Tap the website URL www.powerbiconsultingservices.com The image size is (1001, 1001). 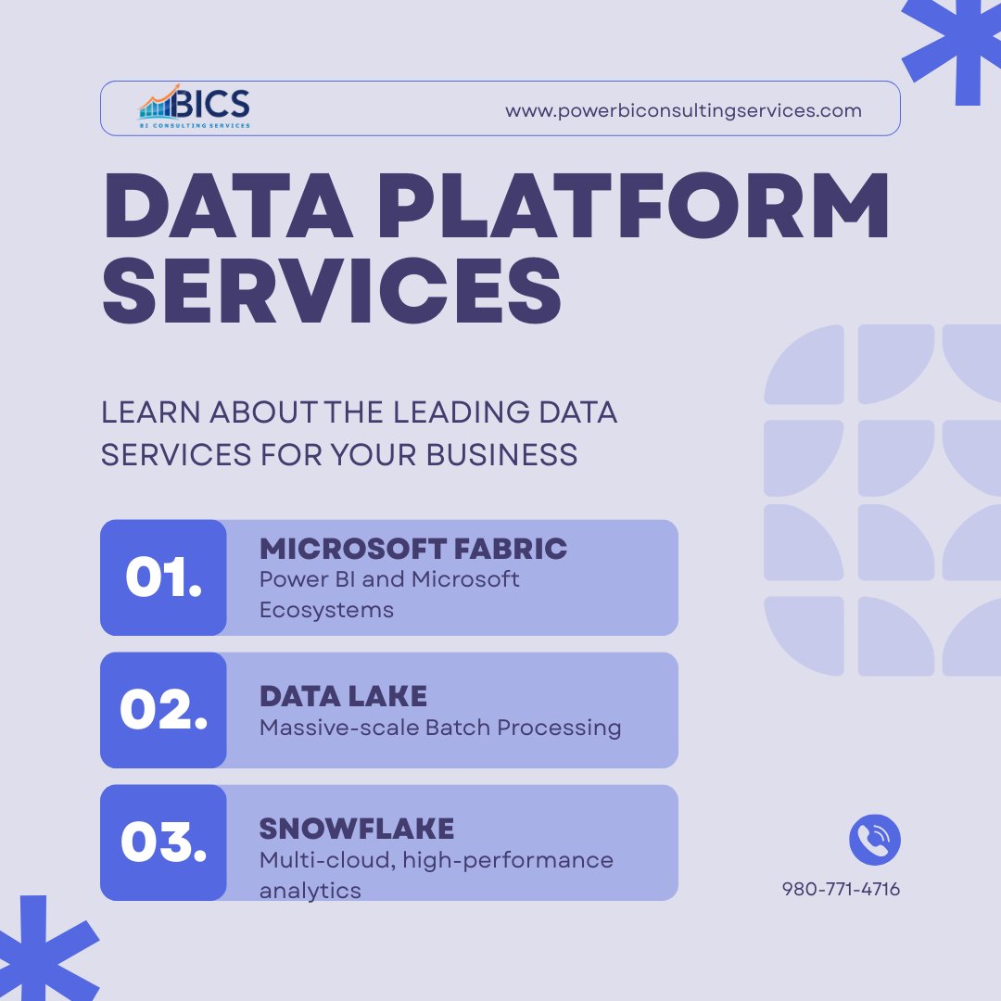(683, 110)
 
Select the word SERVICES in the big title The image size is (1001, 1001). (332, 288)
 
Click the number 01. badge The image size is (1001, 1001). (163, 577)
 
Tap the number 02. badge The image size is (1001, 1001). (163, 710)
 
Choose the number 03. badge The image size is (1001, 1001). (163, 843)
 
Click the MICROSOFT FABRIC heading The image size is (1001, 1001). (413, 549)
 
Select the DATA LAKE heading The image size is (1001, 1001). (343, 696)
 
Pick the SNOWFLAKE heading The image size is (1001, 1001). (357, 828)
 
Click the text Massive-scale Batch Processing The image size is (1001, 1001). (440, 728)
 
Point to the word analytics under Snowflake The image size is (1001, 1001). (310, 891)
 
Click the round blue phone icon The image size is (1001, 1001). (874, 840)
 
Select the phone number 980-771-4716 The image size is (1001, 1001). (841, 890)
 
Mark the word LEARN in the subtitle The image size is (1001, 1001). (149, 412)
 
